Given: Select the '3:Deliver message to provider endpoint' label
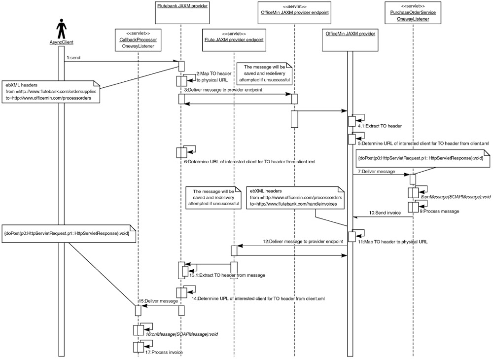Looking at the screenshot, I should click(x=223, y=90).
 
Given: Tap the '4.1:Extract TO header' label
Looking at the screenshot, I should click(x=380, y=126).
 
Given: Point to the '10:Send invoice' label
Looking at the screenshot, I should click(x=384, y=213).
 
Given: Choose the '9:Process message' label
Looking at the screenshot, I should click(x=440, y=211).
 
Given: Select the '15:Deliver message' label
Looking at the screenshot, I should click(x=158, y=301).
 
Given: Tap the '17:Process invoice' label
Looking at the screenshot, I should click(x=164, y=353).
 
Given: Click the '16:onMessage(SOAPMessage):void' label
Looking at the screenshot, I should click(x=181, y=334).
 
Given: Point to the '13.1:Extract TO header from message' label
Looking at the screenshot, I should click(x=227, y=275).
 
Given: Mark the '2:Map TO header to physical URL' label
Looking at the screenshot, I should click(x=208, y=76).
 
